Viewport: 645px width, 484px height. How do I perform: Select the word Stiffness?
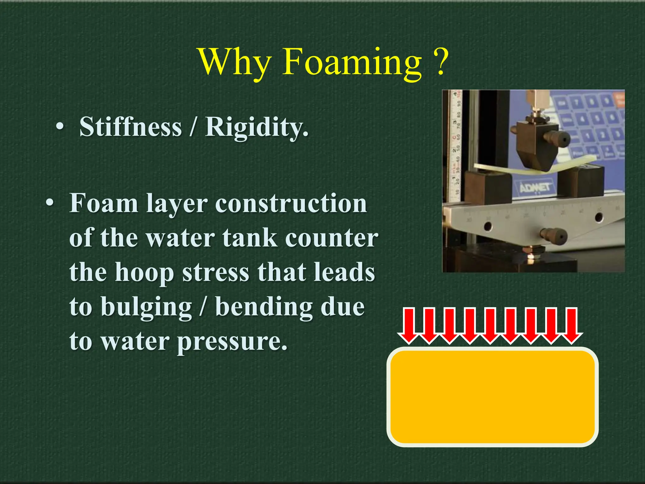click(131, 127)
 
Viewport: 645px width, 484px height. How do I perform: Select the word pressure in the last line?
click(232, 341)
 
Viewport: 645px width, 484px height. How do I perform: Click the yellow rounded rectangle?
click(492, 397)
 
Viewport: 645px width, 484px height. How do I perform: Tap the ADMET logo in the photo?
click(535, 188)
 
